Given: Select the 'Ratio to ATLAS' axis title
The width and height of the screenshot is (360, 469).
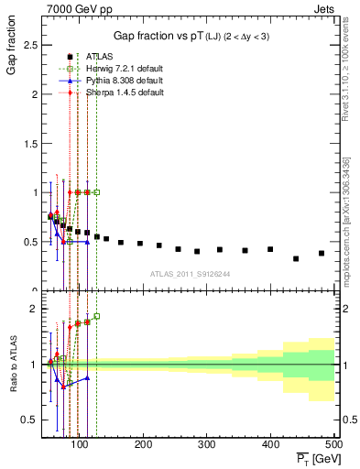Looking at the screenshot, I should point(12,367).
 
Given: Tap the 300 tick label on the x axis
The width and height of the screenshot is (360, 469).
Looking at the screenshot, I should point(207,444).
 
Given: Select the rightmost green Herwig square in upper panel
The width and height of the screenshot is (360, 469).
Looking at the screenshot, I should point(96,192).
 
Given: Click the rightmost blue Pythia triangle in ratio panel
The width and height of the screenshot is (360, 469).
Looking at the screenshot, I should point(87,377).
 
